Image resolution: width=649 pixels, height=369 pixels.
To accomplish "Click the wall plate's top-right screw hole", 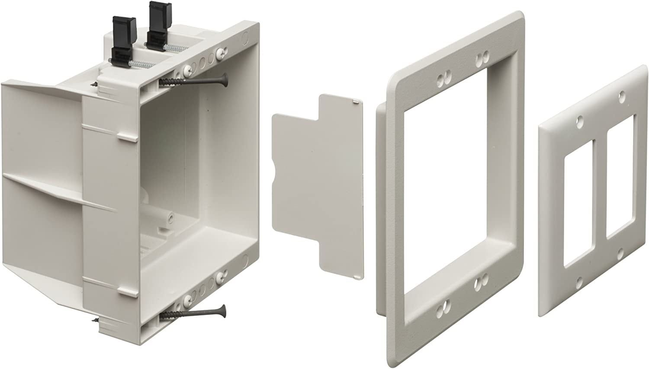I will point(622,93).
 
